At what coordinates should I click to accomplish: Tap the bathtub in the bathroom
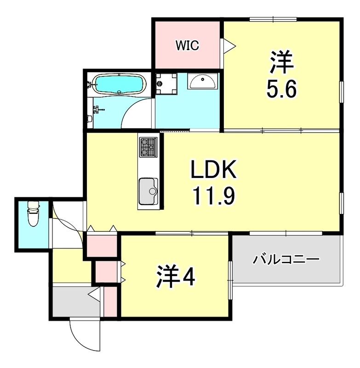point(119,85)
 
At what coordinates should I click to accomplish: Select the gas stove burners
point(149,147)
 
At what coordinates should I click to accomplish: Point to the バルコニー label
point(286,261)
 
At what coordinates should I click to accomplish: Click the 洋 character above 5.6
point(281,63)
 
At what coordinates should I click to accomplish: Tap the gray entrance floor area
point(74,301)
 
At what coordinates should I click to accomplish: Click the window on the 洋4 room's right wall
point(230,271)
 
